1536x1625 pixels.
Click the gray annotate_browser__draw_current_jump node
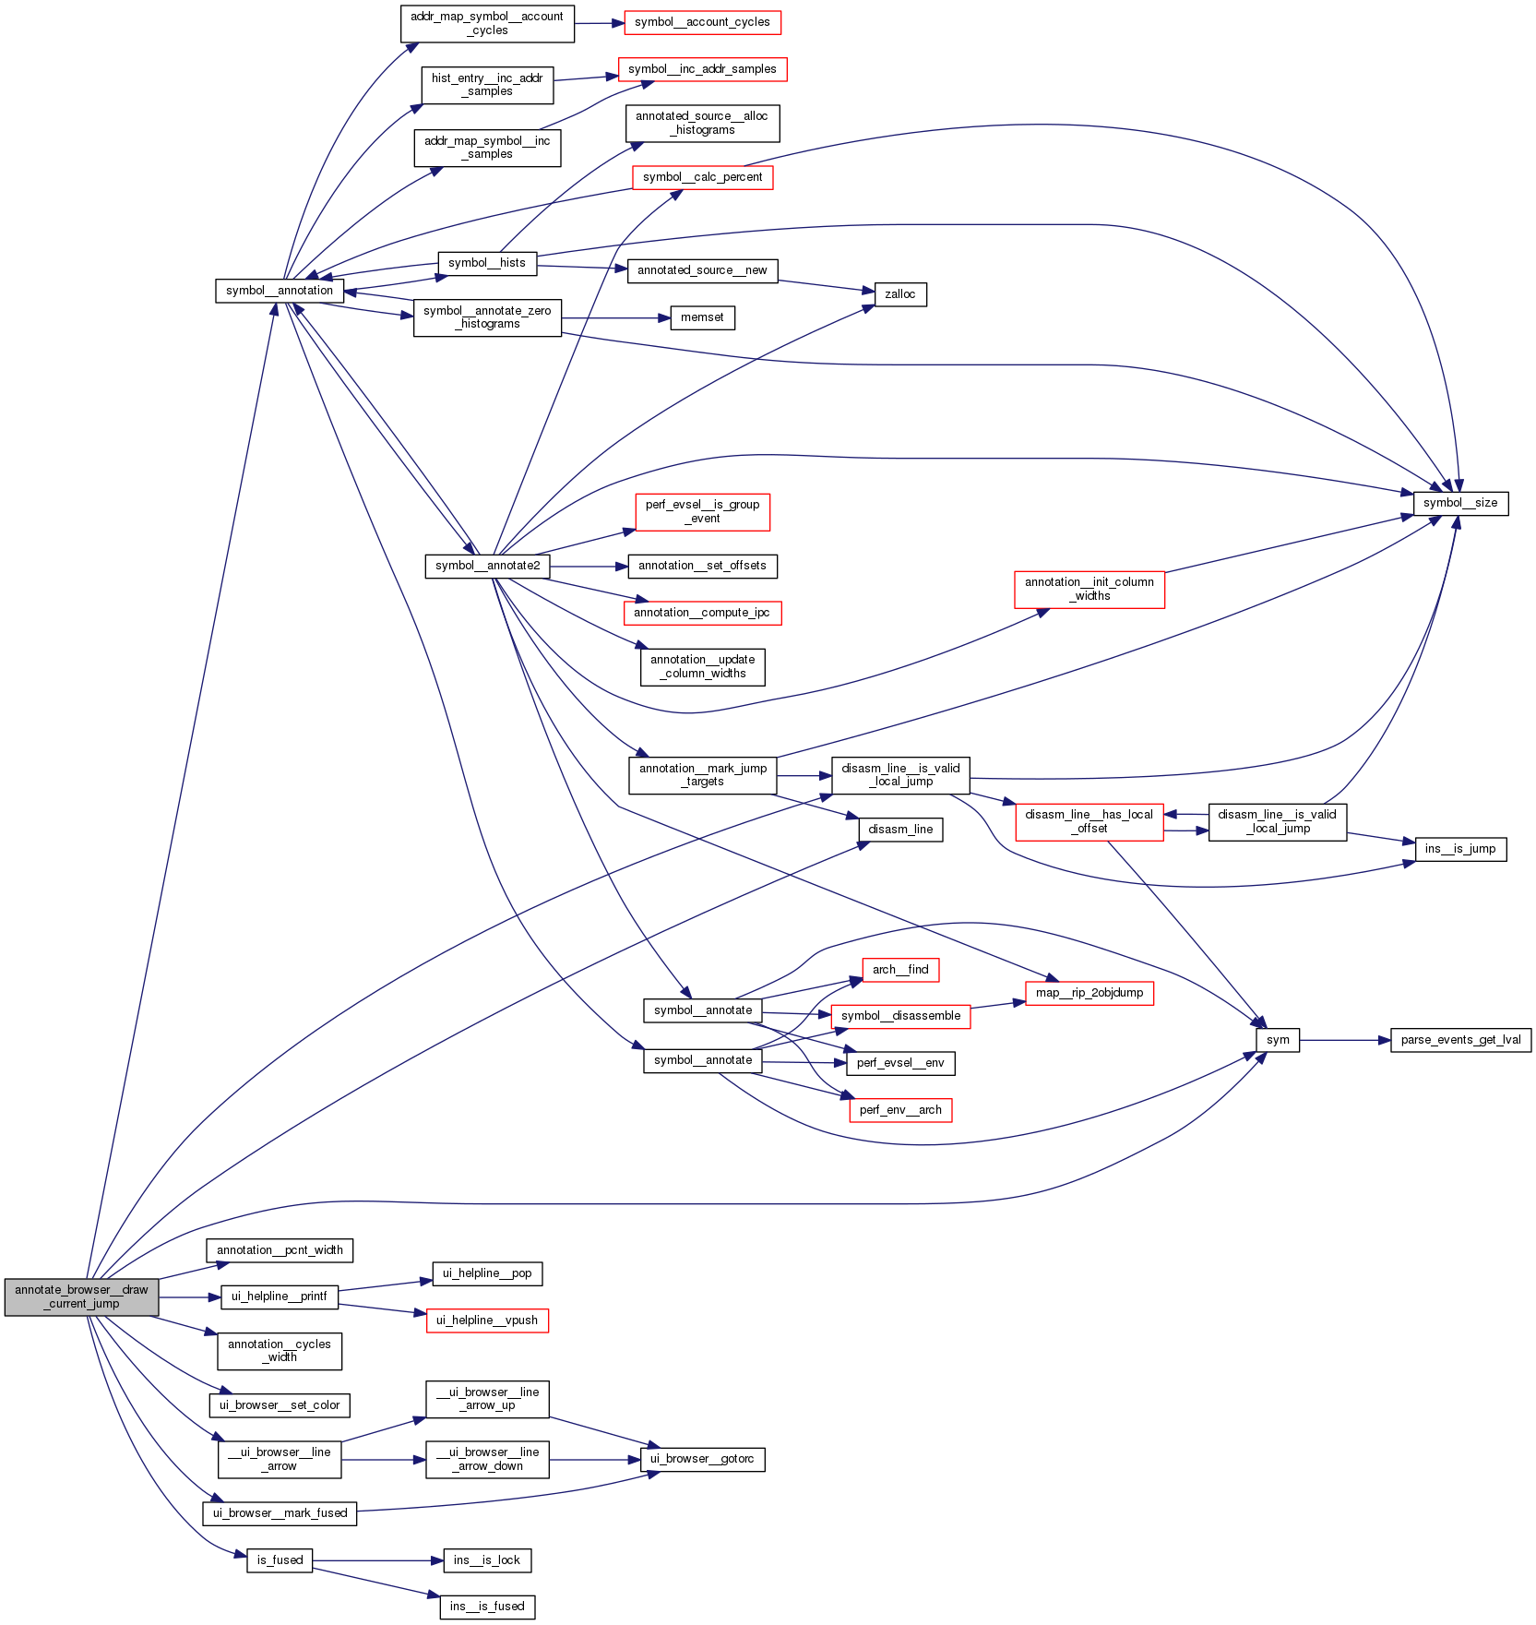[81, 1296]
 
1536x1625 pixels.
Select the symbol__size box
[1460, 503]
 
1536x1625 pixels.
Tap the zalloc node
[899, 294]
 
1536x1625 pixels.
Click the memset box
[702, 317]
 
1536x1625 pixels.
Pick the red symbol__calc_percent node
[702, 177]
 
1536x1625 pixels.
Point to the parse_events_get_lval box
[1460, 1040]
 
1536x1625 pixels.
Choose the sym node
[1278, 1040]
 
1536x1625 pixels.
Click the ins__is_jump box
[1460, 849]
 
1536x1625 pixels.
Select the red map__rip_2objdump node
[1089, 993]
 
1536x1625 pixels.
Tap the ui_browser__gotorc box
[702, 1459]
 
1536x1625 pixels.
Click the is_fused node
[280, 1560]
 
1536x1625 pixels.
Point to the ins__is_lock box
[487, 1560]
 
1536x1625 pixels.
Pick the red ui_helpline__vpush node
[487, 1320]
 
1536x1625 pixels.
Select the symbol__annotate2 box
[487, 566]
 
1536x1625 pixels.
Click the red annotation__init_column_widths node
[1089, 589]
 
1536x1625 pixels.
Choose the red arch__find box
[900, 970]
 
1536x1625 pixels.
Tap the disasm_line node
[900, 830]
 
